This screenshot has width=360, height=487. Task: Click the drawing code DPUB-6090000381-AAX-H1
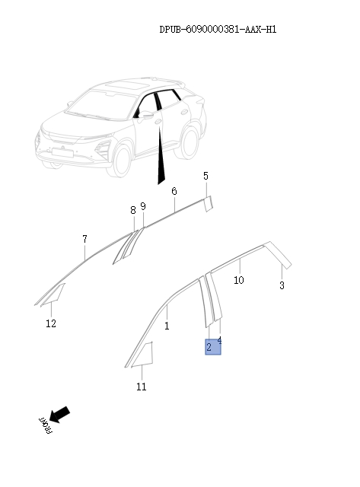217,30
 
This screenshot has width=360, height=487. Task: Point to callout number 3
282,286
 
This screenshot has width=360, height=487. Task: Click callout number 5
205,177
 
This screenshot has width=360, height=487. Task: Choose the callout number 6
174,191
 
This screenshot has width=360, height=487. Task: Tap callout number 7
84,240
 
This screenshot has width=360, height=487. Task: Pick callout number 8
132,210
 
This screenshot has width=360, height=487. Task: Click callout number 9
142,206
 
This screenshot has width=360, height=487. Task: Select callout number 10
238,280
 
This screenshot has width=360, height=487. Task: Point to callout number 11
142,387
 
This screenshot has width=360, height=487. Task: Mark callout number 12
51,323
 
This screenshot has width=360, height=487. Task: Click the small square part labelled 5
207,202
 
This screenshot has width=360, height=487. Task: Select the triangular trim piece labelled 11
145,355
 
